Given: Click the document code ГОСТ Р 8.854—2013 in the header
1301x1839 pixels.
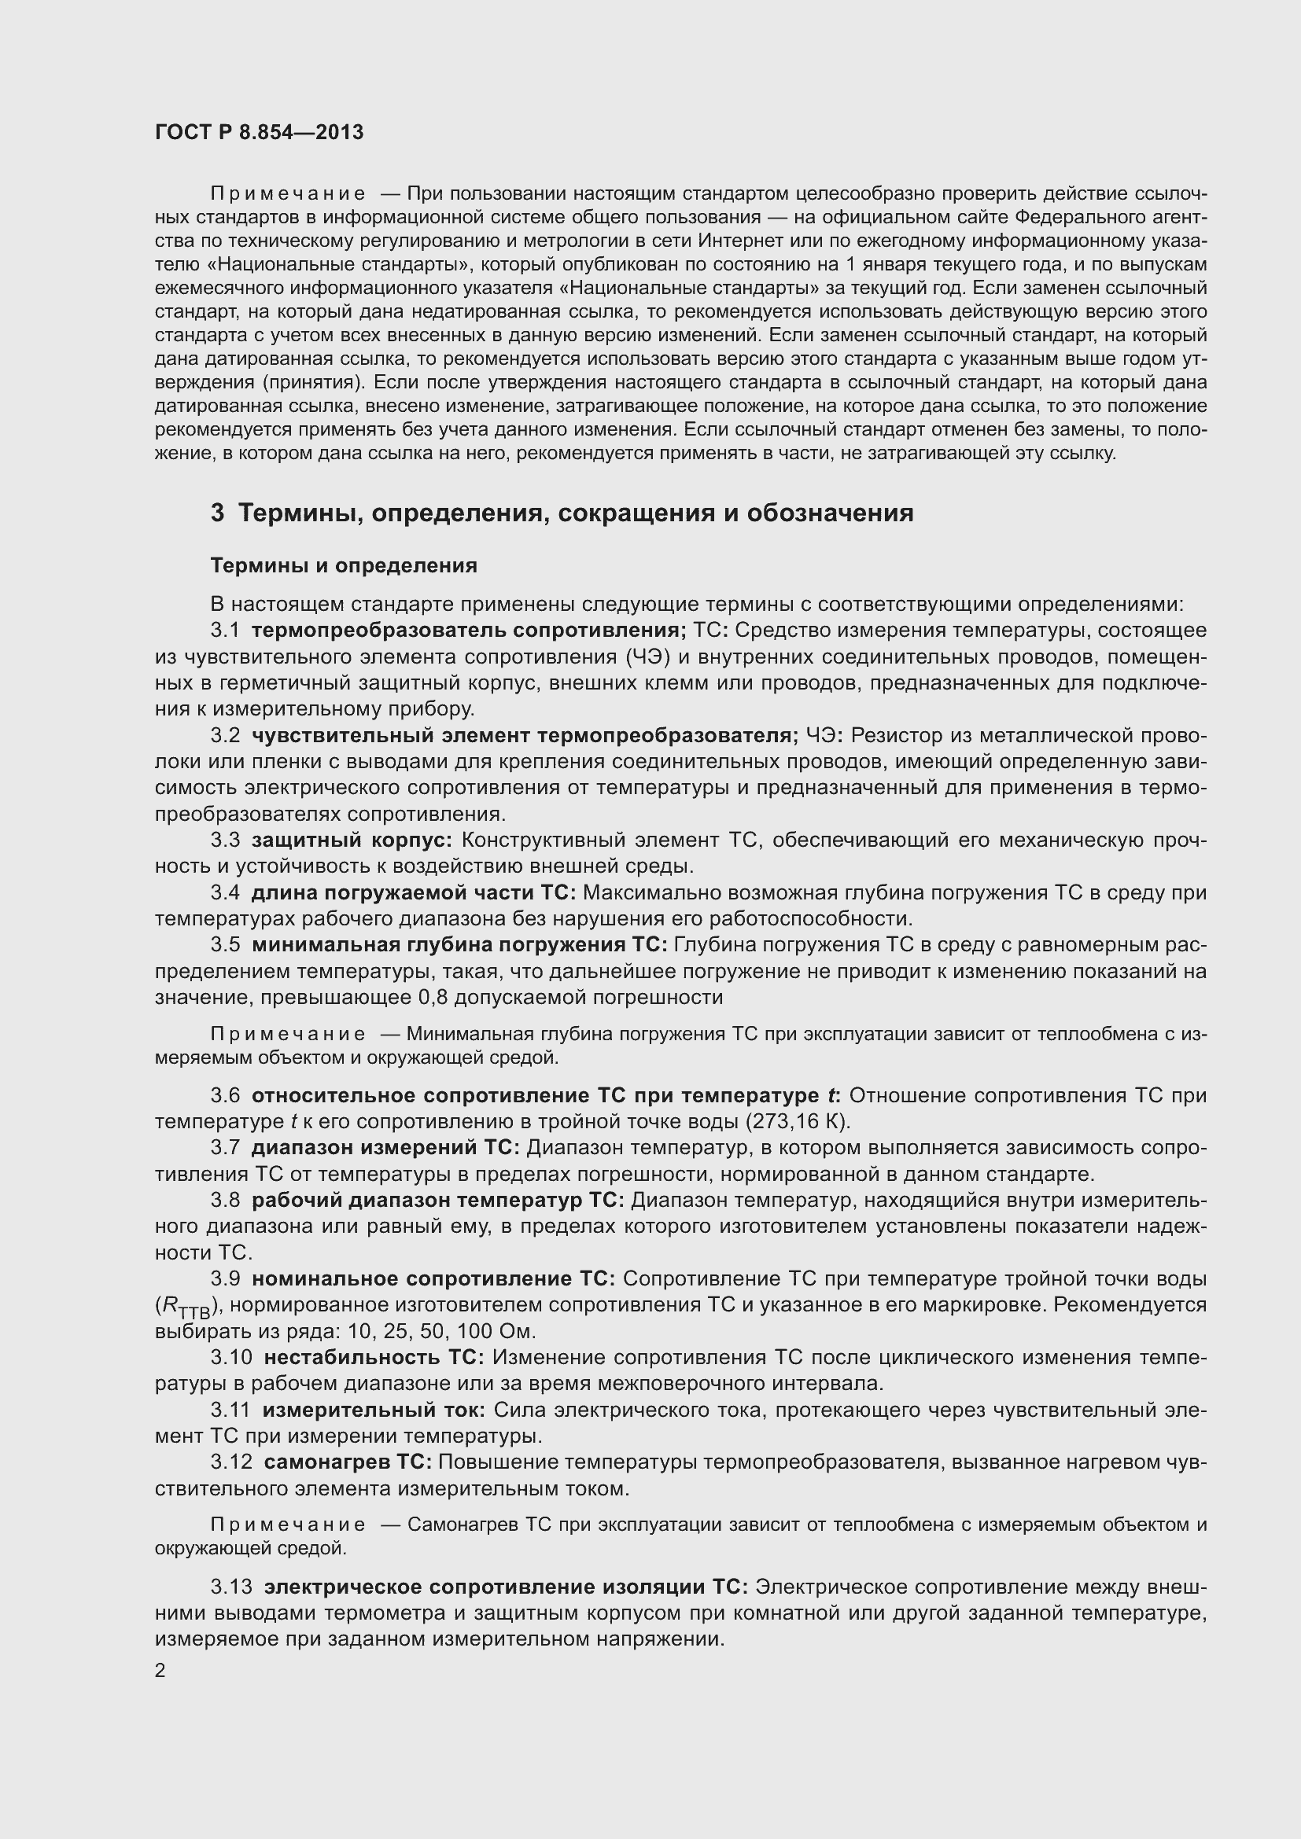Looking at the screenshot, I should pyautogui.click(x=259, y=132).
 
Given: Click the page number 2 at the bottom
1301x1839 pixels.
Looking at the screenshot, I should pyautogui.click(x=160, y=1671).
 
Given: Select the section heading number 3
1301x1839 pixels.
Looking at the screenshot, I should pyautogui.click(x=217, y=513).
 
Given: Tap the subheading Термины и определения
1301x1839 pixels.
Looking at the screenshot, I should pyautogui.click(x=343, y=565).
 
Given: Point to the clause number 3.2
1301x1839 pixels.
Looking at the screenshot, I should pyautogui.click(x=225, y=735).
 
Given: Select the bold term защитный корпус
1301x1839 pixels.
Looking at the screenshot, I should pyautogui.click(x=351, y=840).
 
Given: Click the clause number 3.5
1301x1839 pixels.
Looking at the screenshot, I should pyautogui.click(x=225, y=945).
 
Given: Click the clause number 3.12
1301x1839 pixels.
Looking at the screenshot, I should pyautogui.click(x=230, y=1462).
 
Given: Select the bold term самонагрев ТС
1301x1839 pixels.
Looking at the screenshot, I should pyautogui.click(x=348, y=1462).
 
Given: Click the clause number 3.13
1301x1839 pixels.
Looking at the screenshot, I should pyautogui.click(x=230, y=1587).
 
